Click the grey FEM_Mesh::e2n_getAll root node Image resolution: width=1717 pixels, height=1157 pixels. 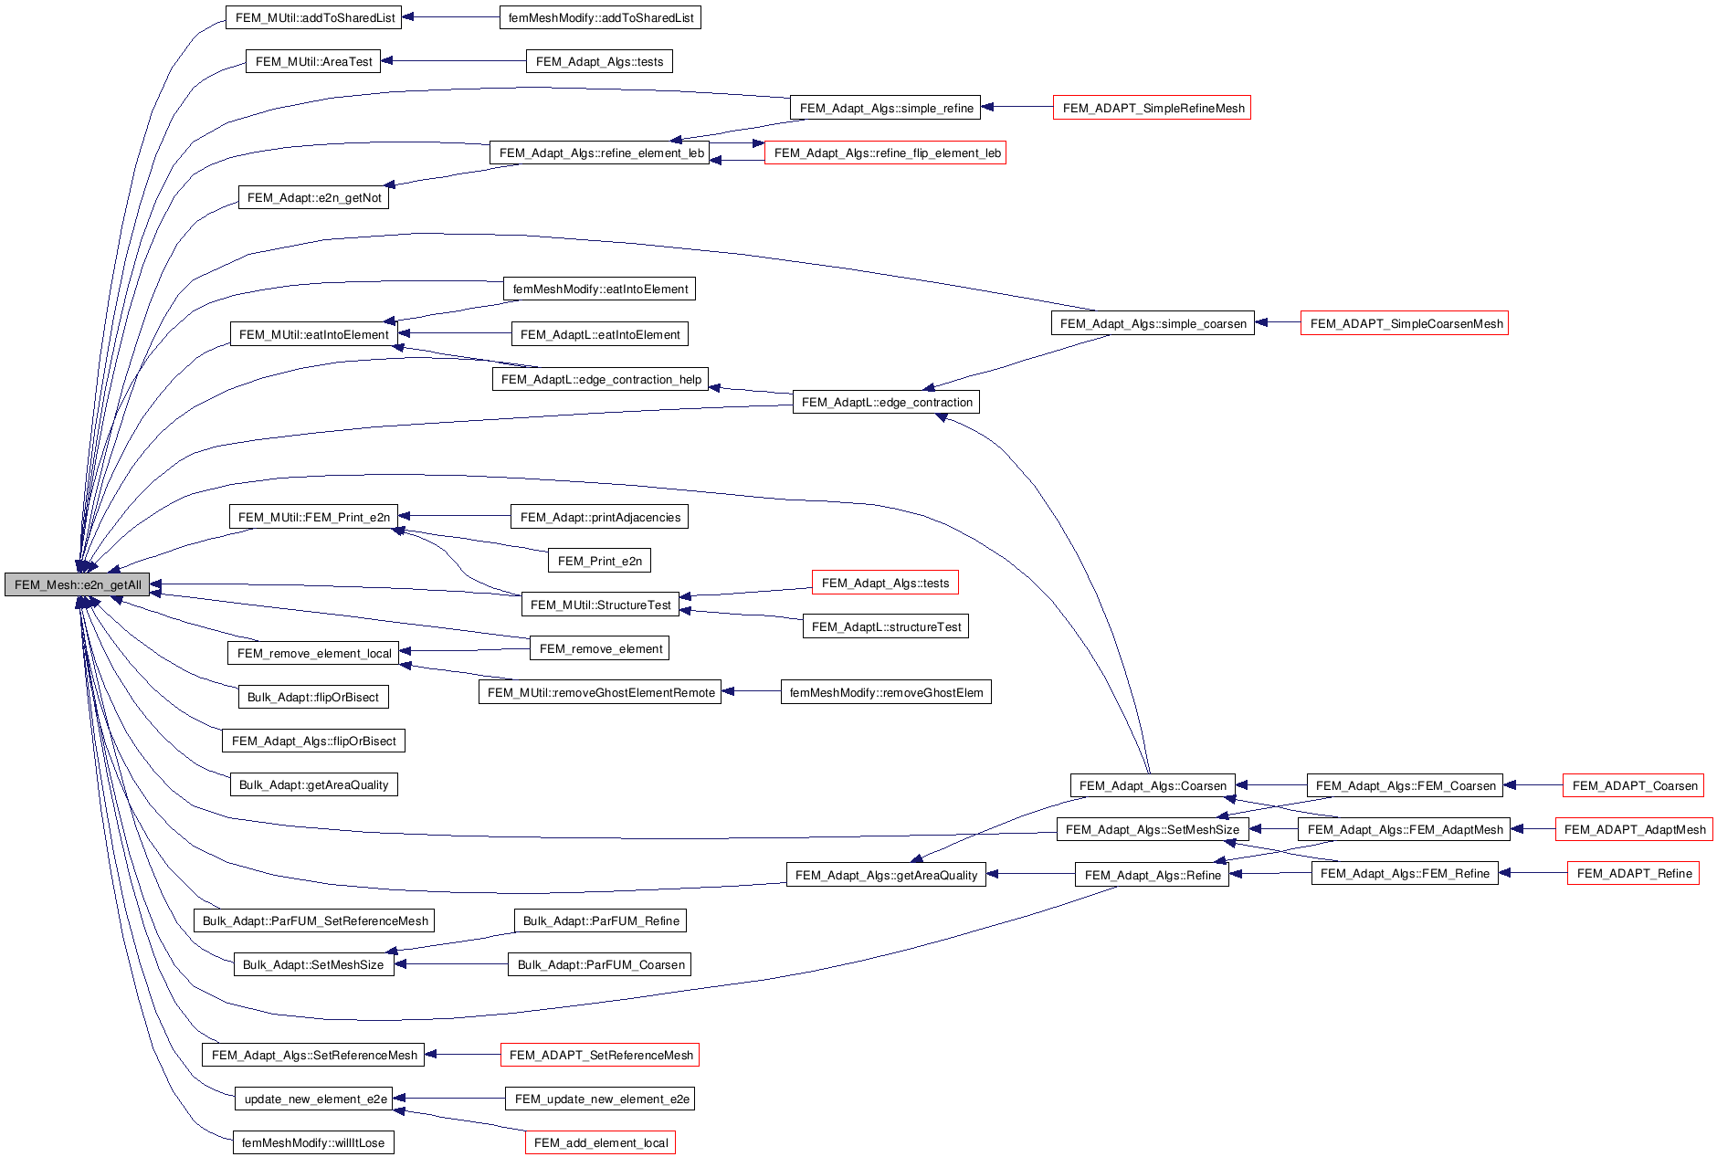(77, 585)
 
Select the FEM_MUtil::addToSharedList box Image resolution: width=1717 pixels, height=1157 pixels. (313, 17)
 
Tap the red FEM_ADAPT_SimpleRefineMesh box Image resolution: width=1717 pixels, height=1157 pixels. (1152, 108)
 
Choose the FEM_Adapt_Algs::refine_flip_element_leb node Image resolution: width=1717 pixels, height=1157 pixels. (885, 153)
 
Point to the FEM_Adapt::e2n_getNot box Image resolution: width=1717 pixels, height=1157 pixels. (313, 197)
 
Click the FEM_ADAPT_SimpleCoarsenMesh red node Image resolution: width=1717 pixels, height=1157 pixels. (1404, 323)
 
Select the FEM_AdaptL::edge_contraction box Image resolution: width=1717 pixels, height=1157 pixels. (886, 402)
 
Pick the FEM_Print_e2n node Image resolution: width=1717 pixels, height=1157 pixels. (599, 561)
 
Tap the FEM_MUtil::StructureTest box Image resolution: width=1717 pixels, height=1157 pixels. (600, 605)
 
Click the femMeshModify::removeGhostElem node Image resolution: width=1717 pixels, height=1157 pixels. (885, 692)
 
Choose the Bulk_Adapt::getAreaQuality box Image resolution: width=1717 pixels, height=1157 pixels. (313, 784)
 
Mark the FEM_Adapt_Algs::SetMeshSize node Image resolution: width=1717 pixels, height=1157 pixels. (1152, 829)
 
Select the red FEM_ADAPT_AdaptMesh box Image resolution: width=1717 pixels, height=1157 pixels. (1634, 829)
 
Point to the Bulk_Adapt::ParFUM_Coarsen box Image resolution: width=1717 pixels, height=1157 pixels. (599, 964)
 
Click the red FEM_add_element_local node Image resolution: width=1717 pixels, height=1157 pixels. (600, 1142)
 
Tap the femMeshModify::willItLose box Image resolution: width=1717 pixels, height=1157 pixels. (313, 1142)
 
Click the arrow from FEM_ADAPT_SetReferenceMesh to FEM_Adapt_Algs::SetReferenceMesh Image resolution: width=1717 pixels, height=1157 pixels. (462, 1055)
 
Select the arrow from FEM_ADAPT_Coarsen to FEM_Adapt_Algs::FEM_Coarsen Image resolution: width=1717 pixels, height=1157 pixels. (1533, 785)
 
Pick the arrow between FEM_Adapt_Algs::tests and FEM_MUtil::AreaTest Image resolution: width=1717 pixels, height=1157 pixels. (453, 61)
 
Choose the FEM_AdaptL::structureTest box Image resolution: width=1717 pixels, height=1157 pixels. (885, 626)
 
